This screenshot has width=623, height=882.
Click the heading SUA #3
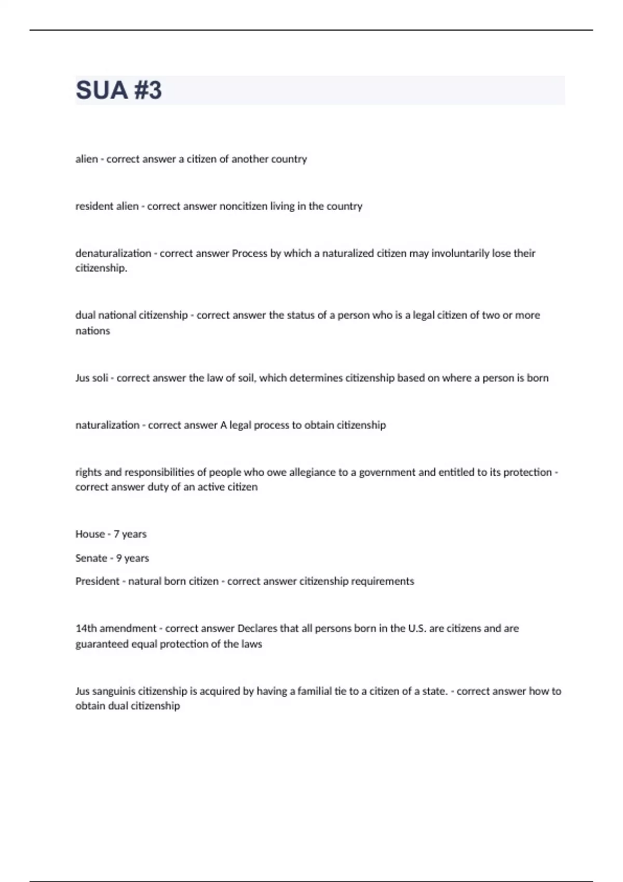coord(119,90)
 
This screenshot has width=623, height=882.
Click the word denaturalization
coord(113,253)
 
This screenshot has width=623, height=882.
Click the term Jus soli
coord(91,378)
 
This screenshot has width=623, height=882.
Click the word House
coord(90,534)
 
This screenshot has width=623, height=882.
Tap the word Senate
coord(91,558)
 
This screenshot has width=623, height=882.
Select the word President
coord(97,581)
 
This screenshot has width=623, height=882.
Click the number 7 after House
coord(116,534)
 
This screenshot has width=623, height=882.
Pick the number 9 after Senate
coord(119,558)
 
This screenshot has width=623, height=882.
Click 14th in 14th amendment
coord(86,628)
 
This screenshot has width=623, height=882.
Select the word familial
coord(315,691)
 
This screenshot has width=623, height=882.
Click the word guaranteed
coord(101,644)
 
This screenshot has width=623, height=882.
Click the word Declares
coord(257,628)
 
